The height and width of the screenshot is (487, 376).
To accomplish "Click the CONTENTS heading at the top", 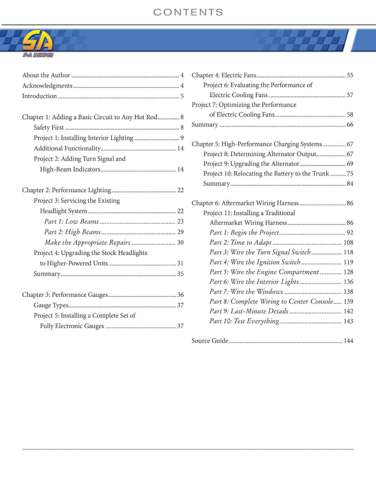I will point(188,12).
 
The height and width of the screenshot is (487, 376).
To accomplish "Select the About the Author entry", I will point(46,75).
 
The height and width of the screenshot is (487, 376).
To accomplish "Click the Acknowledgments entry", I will point(47,86).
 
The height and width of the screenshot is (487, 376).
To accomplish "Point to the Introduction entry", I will point(39,96).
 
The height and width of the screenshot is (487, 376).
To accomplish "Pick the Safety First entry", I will point(49,127).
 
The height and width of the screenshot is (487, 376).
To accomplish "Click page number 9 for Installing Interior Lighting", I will point(181,138).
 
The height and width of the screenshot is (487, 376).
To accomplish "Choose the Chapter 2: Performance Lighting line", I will point(66,190).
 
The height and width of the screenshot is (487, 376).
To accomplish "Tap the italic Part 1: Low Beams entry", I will point(71,221).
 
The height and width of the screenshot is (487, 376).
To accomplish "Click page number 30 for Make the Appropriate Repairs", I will point(180,243).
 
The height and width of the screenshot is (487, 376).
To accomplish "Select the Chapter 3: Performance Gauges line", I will point(65,295).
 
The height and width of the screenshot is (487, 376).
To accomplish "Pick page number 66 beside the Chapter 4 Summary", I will point(350,125).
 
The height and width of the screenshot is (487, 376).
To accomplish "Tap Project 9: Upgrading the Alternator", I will point(251,164).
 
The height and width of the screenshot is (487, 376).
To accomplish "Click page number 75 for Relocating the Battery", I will point(350,174).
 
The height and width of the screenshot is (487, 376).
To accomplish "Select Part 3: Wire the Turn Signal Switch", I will point(260,252).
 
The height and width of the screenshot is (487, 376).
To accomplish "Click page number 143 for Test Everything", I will point(348,322).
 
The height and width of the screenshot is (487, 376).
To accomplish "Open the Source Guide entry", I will point(210,341).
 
